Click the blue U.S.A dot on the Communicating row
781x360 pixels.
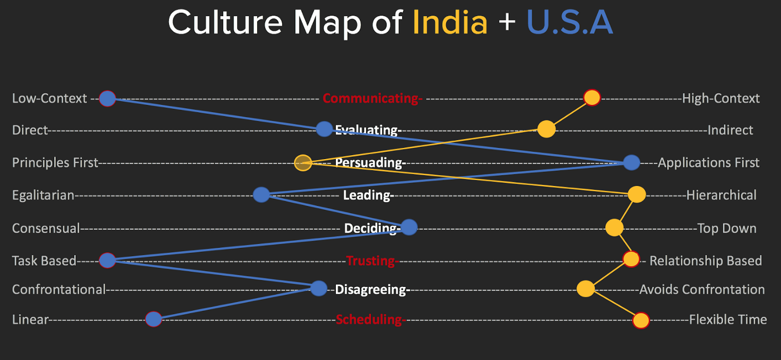coord(107,99)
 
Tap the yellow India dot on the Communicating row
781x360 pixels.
coord(591,98)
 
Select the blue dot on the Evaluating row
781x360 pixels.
coord(324,129)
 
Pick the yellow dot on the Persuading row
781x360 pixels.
coord(302,163)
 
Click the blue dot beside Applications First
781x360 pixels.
coord(631,162)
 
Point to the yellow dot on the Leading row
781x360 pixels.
coord(637,195)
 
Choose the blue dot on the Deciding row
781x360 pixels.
coord(409,227)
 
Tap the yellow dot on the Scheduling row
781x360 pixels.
coord(641,320)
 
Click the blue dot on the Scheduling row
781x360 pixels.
coord(153,319)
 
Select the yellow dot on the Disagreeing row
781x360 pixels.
coord(585,289)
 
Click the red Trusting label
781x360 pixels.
coord(371,261)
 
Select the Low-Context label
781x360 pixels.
coord(50,99)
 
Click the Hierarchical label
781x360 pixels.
coord(721,195)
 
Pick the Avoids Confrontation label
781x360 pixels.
coord(702,290)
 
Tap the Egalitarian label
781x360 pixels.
coord(44,195)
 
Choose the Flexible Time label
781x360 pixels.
coord(728,320)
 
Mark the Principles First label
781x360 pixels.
coord(55,163)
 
